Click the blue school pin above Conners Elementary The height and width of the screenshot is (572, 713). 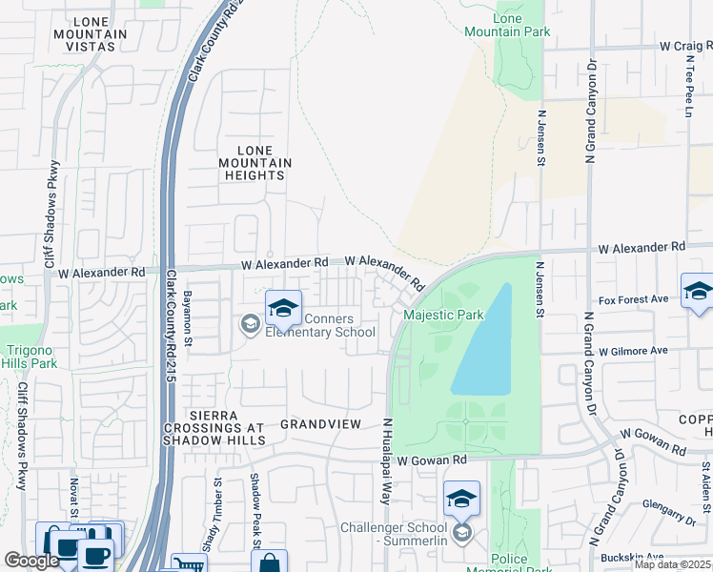283,309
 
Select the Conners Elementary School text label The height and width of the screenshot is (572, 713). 318,325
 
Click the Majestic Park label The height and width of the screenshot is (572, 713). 443,315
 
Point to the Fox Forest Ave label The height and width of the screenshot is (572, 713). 630,299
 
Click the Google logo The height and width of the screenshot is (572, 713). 31,561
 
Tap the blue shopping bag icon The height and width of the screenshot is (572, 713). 270,562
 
